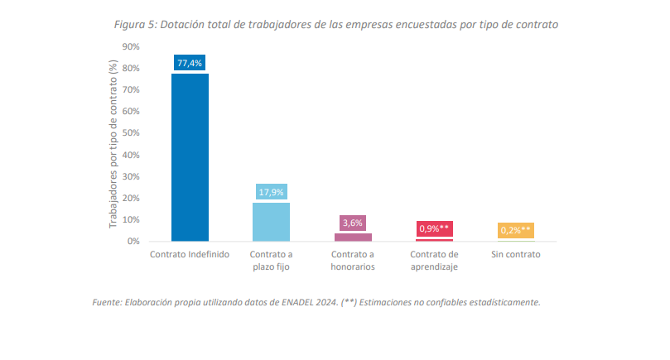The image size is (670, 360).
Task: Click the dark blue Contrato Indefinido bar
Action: point(190,157)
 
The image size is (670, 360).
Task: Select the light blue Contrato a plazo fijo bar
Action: point(271,221)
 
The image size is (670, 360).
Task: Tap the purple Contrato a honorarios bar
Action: point(352,237)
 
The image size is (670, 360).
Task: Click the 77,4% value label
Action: point(190,63)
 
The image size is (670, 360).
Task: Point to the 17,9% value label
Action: point(271,192)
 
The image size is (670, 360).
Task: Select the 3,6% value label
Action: point(352,223)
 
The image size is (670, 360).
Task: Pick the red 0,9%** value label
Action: point(434,228)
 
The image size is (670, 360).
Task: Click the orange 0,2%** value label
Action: point(515,230)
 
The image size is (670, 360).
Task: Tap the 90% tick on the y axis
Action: point(131,46)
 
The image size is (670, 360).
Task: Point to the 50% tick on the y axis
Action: point(131,133)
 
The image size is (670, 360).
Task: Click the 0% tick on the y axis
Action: point(133,242)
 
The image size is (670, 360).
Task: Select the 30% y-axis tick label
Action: point(131,176)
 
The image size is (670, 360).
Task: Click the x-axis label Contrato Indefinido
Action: point(190,254)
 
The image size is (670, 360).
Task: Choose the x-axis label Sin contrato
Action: point(515,254)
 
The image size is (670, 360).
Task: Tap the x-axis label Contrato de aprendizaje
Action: point(434,260)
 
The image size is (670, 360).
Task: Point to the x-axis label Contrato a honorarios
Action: point(352,260)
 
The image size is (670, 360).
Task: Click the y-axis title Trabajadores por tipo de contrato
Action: point(113,144)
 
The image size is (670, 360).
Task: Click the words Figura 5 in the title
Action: point(134,24)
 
